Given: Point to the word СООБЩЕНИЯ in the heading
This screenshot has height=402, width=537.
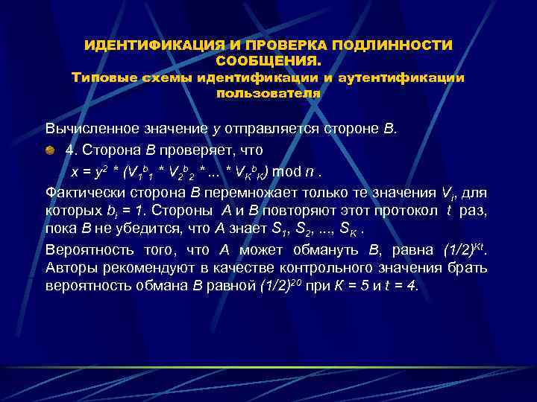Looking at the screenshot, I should [x=267, y=61].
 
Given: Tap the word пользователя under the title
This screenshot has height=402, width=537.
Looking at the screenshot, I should [x=268, y=94].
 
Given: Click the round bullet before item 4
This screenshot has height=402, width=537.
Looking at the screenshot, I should [x=49, y=150].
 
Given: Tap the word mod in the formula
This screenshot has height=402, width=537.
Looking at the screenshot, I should [x=287, y=172].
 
